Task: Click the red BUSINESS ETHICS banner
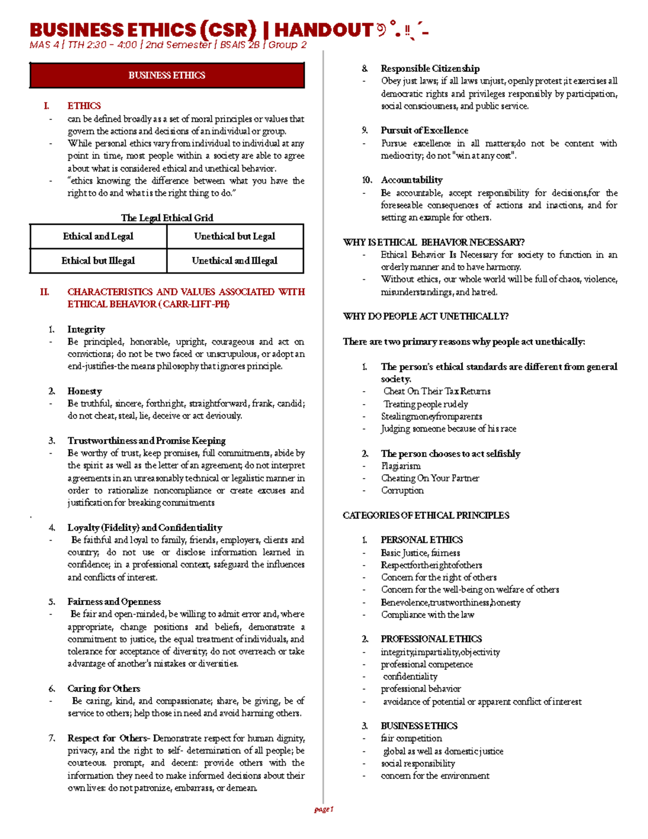167,75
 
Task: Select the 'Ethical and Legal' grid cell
98,236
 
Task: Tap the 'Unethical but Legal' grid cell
234,236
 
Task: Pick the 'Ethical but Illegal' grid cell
98,260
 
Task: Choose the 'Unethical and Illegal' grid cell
234,260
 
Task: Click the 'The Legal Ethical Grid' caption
167,218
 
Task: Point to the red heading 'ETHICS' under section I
84,106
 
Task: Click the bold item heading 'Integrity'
86,330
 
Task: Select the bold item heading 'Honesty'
84,391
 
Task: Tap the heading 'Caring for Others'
104,688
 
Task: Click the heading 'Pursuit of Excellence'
424,130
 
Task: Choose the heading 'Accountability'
411,180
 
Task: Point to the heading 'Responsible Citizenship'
430,69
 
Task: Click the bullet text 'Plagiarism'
401,466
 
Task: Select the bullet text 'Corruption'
402,491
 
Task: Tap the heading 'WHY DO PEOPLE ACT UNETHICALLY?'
426,317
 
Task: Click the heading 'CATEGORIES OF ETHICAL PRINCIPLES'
426,515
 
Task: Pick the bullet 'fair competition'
411,738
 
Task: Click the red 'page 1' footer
324,809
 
